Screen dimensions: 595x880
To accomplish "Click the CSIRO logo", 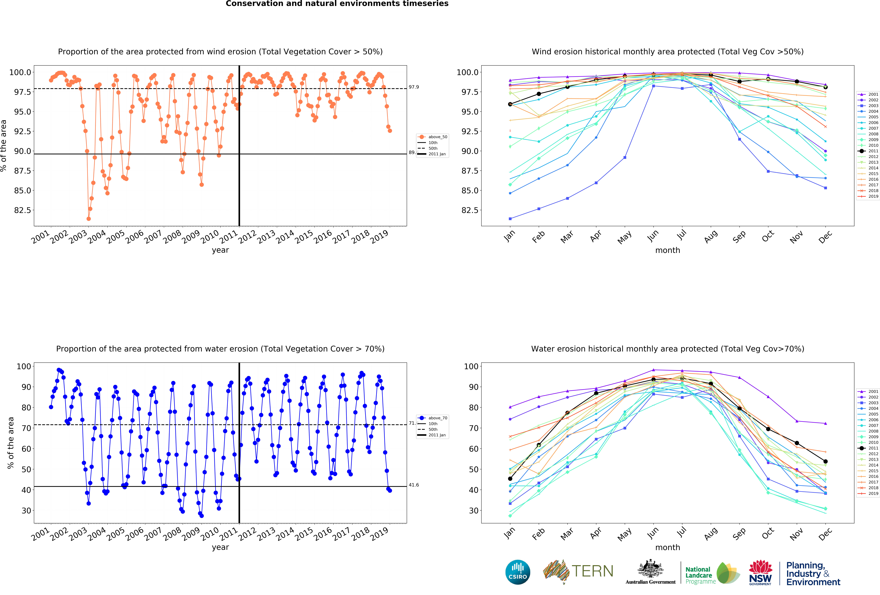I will pos(518,572).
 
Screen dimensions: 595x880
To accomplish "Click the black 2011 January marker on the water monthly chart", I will pos(510,479).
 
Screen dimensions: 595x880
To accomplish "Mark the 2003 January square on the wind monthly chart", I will pos(510,219).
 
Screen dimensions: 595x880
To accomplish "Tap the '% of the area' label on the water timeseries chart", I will pos(11,443).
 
